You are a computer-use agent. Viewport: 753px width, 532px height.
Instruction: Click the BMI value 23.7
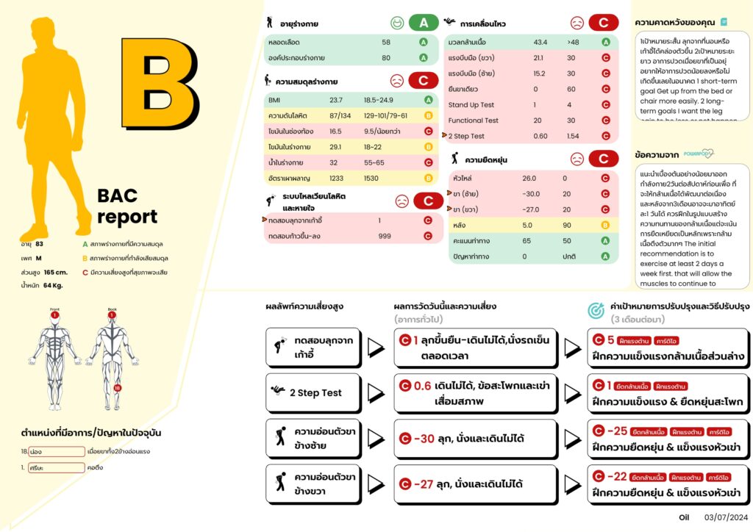(x=336, y=100)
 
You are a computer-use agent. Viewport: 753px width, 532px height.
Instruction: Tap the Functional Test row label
(x=474, y=121)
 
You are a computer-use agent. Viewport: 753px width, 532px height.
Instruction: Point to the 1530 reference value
(x=371, y=179)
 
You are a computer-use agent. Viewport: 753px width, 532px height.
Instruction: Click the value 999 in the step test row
(x=385, y=236)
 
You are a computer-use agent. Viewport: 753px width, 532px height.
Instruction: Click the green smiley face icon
(x=397, y=23)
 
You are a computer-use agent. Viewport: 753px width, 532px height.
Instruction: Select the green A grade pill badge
(x=424, y=23)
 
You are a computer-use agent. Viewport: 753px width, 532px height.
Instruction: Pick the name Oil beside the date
(x=685, y=518)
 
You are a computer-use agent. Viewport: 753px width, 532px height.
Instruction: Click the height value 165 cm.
(x=56, y=272)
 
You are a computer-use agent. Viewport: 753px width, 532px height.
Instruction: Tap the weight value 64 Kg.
(x=54, y=285)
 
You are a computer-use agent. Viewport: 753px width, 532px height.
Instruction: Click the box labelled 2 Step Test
(x=313, y=392)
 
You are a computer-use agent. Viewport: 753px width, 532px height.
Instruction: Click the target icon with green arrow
(x=596, y=312)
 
